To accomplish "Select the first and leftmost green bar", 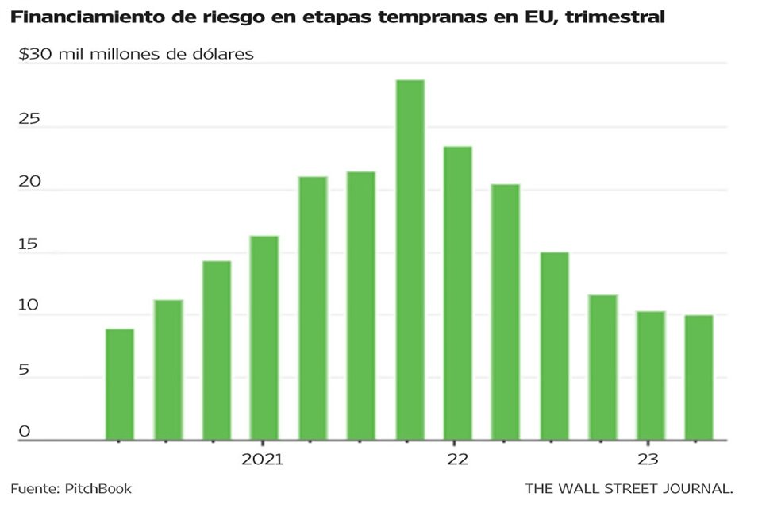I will point(120,385).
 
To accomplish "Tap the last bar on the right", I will point(699,378).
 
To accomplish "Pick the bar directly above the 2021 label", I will point(264,338).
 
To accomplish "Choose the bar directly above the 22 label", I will point(458,294).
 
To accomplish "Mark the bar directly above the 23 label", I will point(651,376).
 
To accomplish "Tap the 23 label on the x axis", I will point(648,460).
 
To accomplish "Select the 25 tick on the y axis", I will point(29,119).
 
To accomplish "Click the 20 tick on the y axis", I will point(29,182).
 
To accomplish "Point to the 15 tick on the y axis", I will point(29,244).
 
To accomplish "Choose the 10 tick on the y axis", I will point(29,306).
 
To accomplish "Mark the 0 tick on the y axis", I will point(25,432).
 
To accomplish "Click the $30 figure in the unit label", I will point(37,55).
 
